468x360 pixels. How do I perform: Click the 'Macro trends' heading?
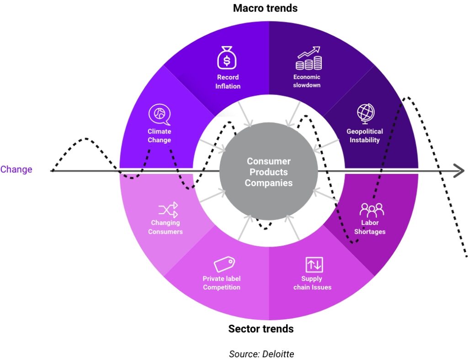click(x=265, y=8)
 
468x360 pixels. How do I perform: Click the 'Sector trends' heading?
click(x=261, y=328)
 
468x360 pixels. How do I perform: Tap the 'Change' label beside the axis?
click(x=16, y=169)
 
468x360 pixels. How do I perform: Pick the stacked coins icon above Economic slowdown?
click(x=308, y=58)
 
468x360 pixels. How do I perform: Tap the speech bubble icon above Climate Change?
click(x=159, y=114)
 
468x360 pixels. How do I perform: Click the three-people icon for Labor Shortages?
click(x=371, y=210)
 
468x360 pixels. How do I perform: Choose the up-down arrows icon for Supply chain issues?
click(x=314, y=264)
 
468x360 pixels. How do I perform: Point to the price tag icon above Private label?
click(x=224, y=264)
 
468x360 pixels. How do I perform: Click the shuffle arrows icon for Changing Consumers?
click(x=168, y=210)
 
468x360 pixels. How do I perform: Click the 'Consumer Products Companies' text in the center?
click(x=269, y=172)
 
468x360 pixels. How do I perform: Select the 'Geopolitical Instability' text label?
click(x=365, y=135)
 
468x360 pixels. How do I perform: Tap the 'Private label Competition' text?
click(x=222, y=283)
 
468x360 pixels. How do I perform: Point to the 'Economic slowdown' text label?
click(x=307, y=81)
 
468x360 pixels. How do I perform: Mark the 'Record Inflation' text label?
click(x=228, y=81)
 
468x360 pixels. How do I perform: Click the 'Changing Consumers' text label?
click(x=165, y=227)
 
